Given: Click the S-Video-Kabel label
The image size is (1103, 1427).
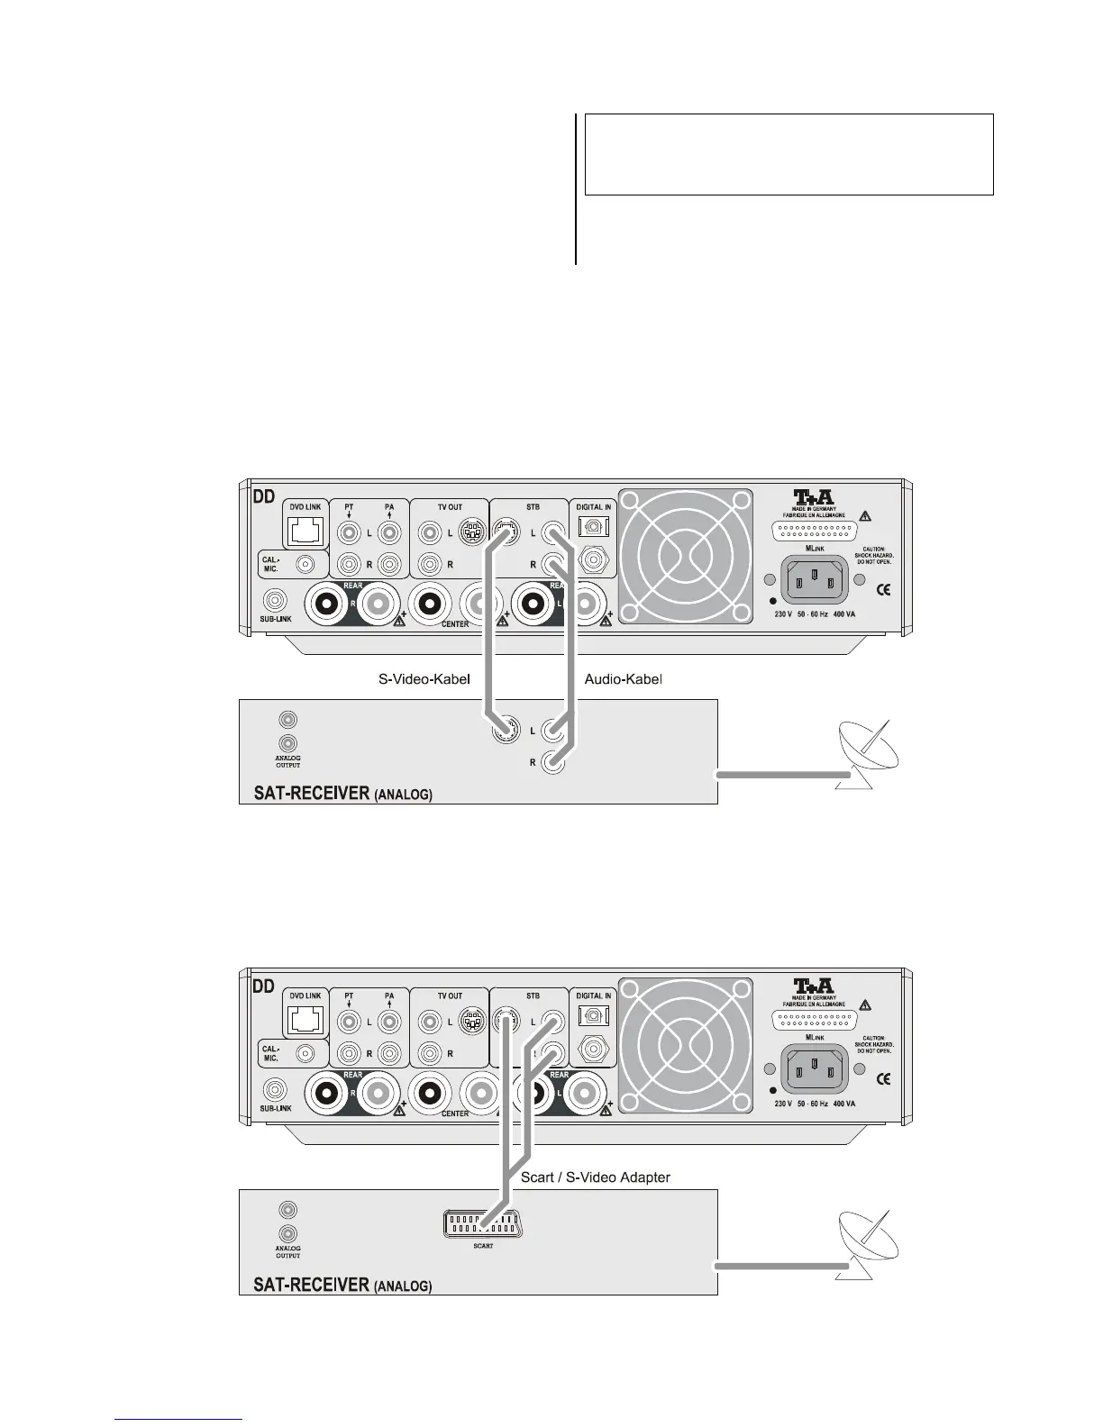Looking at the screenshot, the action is pyautogui.click(x=424, y=679).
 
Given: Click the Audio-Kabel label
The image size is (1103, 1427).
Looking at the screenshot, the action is pyautogui.click(x=624, y=679).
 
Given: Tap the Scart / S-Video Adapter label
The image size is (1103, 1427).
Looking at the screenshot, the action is pyautogui.click(x=596, y=1177).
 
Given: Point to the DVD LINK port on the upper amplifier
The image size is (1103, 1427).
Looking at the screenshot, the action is pyautogui.click(x=305, y=532).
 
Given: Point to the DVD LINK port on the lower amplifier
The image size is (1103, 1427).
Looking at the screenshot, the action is pyautogui.click(x=305, y=1021).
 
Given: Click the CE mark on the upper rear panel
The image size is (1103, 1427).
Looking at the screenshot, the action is pyautogui.click(x=884, y=590).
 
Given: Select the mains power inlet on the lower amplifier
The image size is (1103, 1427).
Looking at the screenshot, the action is pyautogui.click(x=815, y=1068).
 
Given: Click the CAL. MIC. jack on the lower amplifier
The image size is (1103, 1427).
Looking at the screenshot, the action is pyautogui.click(x=306, y=1052).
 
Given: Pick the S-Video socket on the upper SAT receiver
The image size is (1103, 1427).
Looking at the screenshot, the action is pyautogui.click(x=505, y=732).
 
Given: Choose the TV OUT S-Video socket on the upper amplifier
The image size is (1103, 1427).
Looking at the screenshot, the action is pyautogui.click(x=469, y=532).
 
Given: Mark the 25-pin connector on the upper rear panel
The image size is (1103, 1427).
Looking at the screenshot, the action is pyautogui.click(x=815, y=530).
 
